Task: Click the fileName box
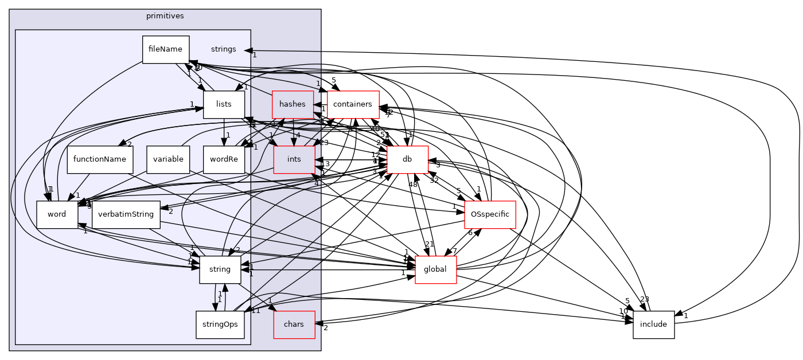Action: pos(166,49)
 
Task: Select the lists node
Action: pos(224,104)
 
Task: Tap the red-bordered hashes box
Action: pos(293,104)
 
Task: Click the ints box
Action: pos(294,159)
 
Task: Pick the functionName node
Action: pos(100,159)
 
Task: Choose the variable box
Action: pos(168,159)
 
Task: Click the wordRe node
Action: pos(224,159)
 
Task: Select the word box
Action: pos(57,214)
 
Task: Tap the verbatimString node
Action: pos(126,214)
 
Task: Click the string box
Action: pos(220,269)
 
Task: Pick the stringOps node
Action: pos(220,324)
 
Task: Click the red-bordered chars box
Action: pos(294,324)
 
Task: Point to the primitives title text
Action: pos(165,16)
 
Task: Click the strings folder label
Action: pos(223,49)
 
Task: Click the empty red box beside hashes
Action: pos(353,105)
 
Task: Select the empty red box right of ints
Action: pos(407,159)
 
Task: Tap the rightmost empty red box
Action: pos(490,214)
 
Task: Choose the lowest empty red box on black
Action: pos(435,269)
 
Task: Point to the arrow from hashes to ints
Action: pos(293,132)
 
